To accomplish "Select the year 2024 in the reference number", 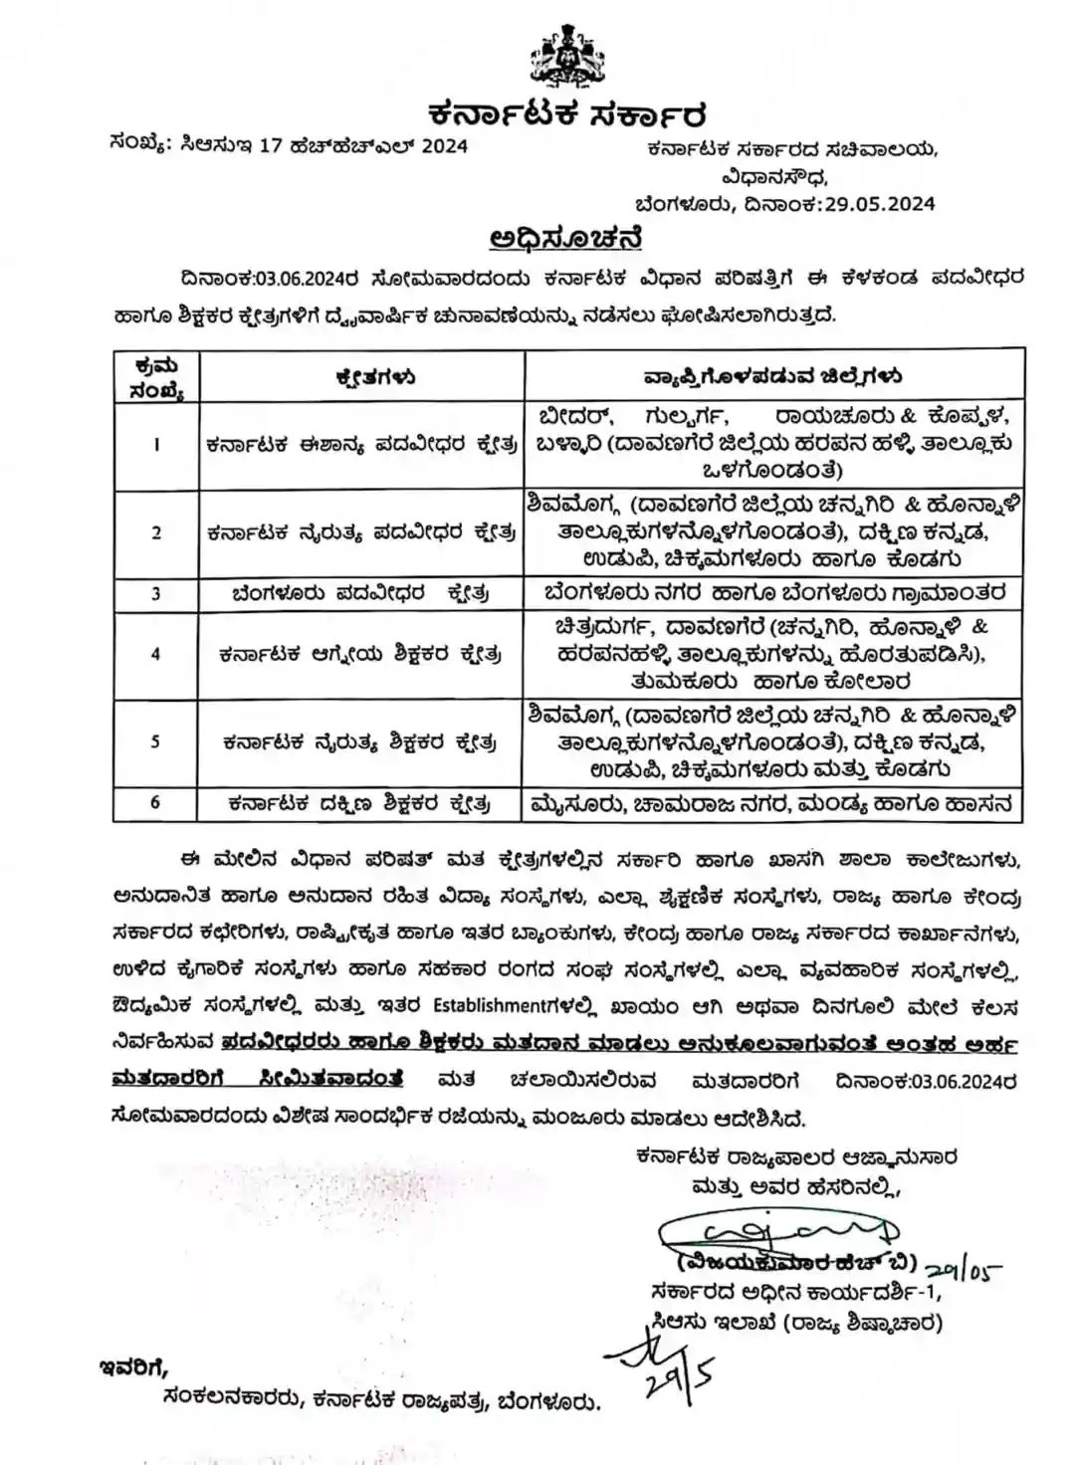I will [431, 146].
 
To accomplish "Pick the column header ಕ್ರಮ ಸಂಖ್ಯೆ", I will [155, 378].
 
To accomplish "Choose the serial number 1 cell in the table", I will [155, 445].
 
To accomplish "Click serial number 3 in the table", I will [155, 593].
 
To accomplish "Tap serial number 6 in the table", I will [155, 802].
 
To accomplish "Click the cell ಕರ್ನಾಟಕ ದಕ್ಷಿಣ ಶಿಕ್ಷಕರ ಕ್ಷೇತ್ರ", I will [359, 803].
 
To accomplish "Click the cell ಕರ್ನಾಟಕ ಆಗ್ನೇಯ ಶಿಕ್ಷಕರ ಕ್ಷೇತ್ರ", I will [360, 655].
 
